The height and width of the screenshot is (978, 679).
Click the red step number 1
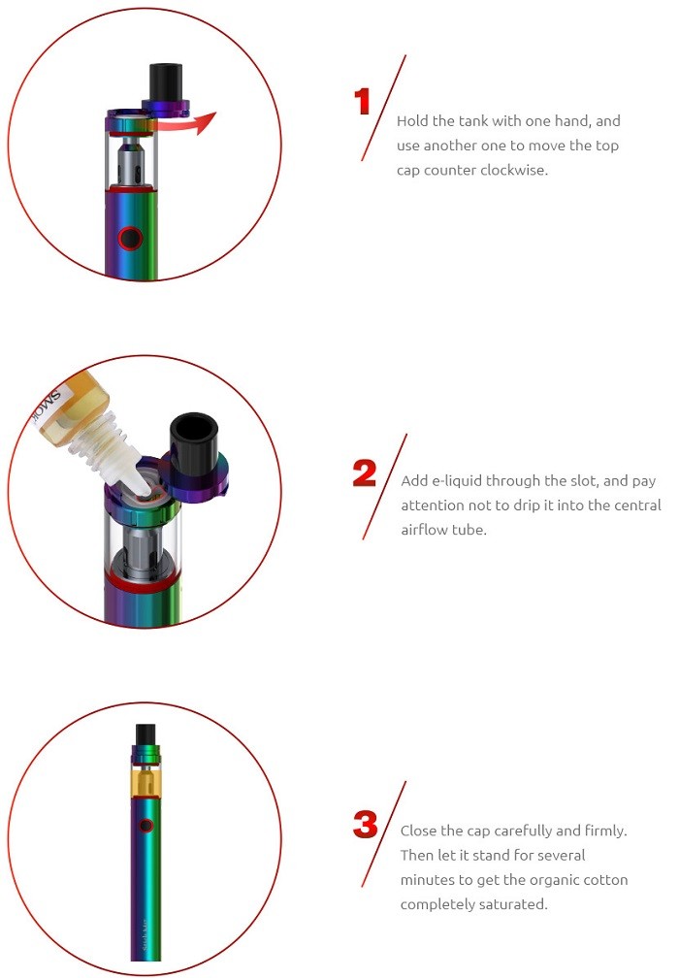tap(363, 102)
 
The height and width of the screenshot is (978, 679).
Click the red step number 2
tap(364, 473)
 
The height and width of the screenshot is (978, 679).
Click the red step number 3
tap(365, 825)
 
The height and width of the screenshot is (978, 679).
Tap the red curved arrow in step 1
tap(194, 124)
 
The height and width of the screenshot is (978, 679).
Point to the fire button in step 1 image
tap(128, 238)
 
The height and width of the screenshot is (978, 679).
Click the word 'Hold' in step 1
tap(413, 121)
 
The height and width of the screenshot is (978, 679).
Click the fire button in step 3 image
tap(145, 826)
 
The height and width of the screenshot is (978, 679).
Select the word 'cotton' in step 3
tap(606, 880)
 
